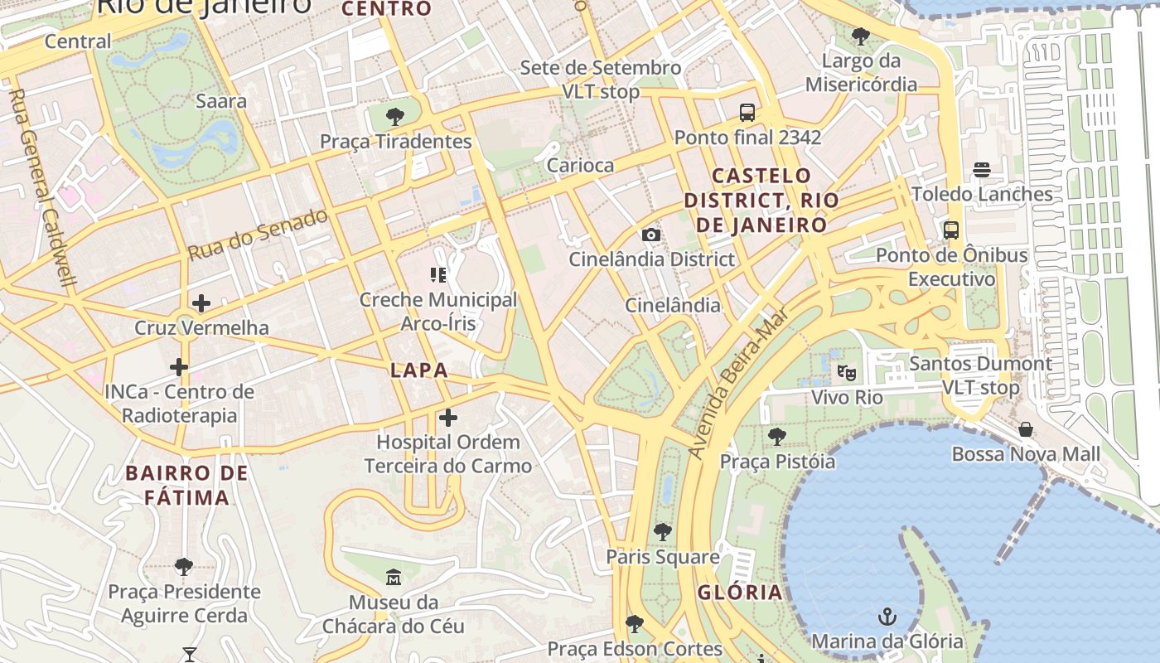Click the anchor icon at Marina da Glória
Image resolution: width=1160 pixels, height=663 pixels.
[x=887, y=617]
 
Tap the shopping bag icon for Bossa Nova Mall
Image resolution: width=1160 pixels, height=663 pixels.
[x=1026, y=429]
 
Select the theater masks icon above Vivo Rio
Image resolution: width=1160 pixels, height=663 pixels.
[x=846, y=373]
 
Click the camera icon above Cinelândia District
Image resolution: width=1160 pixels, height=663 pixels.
[x=651, y=235]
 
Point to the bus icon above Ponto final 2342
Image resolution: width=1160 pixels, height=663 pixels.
[x=747, y=112]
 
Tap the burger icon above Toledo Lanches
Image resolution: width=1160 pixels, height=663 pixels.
[x=982, y=170]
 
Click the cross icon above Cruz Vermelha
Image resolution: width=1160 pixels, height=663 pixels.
[x=201, y=303]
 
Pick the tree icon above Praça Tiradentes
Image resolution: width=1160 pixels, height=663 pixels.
[x=395, y=116]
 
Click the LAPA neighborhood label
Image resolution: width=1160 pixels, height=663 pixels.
[x=419, y=370]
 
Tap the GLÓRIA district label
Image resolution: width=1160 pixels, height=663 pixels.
[x=740, y=592]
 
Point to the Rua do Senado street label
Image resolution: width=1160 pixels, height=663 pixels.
[x=258, y=235]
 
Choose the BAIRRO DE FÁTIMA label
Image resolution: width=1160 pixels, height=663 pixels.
[x=187, y=486]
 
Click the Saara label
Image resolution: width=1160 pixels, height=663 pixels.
[x=221, y=101]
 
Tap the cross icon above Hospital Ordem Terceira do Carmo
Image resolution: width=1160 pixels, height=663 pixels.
[x=448, y=417]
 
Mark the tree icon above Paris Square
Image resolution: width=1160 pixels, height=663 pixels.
[x=662, y=531]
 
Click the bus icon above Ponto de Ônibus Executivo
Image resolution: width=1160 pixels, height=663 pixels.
[x=951, y=230]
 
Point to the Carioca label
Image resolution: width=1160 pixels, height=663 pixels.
[x=580, y=165]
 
